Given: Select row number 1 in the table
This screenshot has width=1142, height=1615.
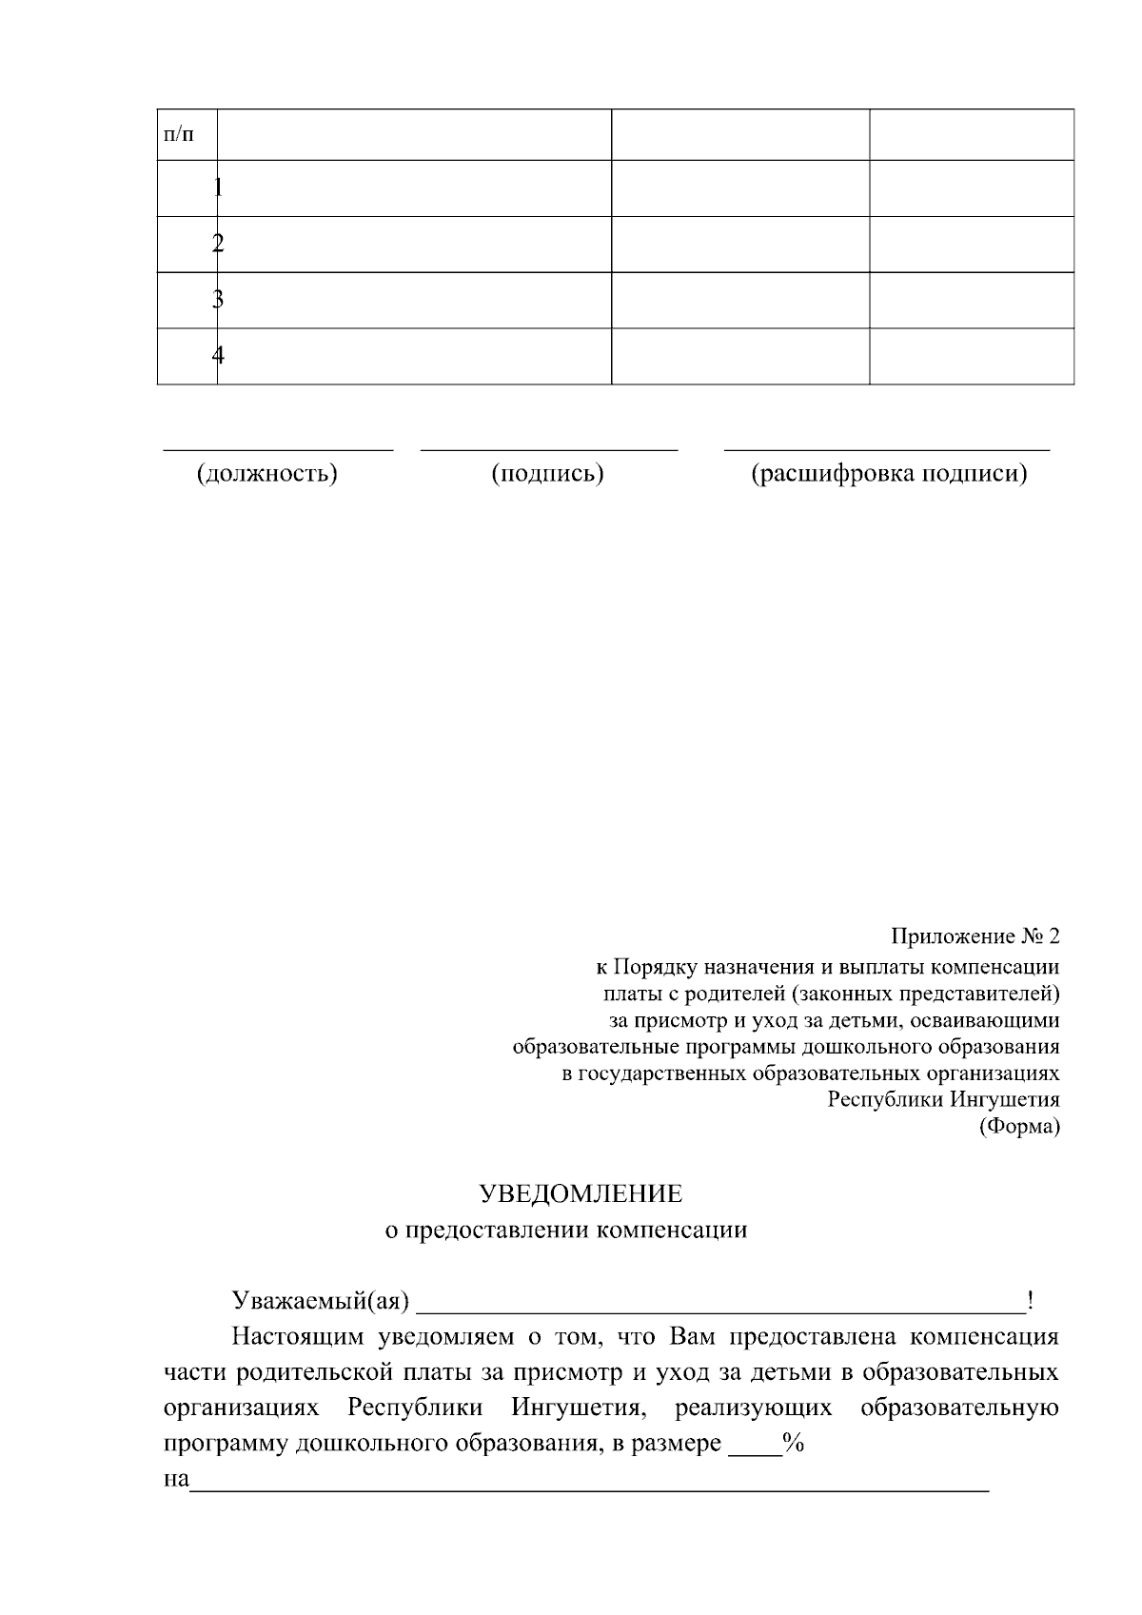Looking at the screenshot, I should (218, 187).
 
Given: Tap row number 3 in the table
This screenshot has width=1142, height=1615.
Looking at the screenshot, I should (218, 300).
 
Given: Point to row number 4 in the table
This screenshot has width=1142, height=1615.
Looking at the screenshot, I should (218, 356).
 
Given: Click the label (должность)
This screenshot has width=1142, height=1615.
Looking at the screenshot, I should (267, 473).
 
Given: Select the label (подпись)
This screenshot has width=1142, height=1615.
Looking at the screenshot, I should (547, 473).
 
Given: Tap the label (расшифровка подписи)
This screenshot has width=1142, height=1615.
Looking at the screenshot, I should (889, 473).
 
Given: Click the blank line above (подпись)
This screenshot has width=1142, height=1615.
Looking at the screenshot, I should (549, 447).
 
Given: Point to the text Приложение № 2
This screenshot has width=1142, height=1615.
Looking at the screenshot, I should (975, 936).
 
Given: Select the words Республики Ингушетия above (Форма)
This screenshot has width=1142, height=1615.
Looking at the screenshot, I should (943, 1099).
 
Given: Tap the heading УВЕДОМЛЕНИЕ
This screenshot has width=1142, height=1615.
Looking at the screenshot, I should (580, 1193).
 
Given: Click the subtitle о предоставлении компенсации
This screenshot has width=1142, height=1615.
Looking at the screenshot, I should (565, 1230).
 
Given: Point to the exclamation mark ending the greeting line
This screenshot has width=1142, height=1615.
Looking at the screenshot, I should (1031, 1300).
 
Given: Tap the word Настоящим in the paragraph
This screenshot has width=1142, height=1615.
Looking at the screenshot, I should (298, 1336).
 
